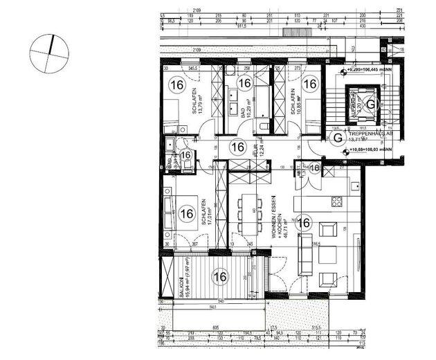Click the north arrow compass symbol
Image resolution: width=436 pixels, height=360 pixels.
coord(49,53)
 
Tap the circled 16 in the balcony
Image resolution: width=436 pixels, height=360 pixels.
coord(220,278)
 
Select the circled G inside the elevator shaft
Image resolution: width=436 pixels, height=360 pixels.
coord(371,105)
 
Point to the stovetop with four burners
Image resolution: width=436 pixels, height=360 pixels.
coord(338,202)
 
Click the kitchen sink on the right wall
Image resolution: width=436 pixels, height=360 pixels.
coord(354,188)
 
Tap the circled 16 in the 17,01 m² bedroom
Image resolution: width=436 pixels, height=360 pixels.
coord(185,214)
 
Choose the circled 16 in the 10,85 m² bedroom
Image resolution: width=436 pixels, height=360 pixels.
coord(310,84)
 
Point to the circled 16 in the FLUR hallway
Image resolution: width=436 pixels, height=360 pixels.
coord(237,147)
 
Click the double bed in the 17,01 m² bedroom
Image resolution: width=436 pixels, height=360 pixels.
coord(172,214)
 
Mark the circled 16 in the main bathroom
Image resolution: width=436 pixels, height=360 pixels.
coord(244,84)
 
